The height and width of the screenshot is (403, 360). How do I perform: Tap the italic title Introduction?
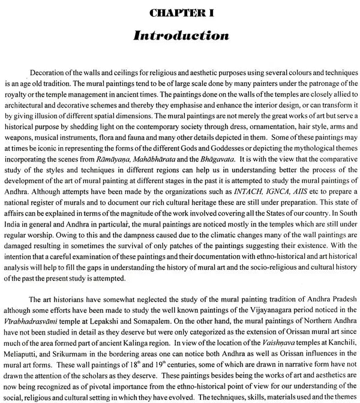[179, 36]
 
